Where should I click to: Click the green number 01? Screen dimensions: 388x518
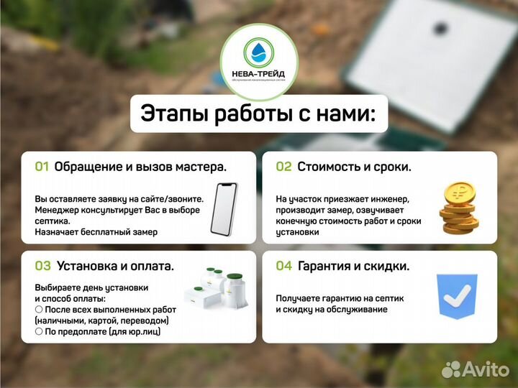click(42, 167)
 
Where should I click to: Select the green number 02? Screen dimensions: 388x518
click(283, 167)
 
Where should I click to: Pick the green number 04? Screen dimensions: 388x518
click(284, 266)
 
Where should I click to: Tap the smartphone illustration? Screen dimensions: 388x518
click(224, 209)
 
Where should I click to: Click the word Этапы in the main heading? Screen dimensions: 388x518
click(172, 114)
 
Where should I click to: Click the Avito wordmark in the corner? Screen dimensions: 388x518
click(485, 369)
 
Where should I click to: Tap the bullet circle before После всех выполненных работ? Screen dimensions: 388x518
click(39, 309)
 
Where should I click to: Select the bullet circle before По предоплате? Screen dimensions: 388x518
click(39, 331)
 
